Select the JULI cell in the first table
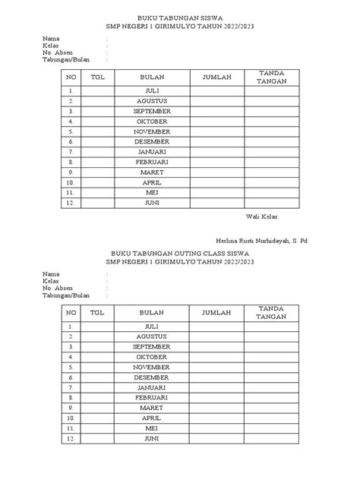(151, 90)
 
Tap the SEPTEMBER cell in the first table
(151, 110)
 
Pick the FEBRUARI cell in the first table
(151, 162)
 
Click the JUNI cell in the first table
(151, 203)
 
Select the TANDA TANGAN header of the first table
(271, 76)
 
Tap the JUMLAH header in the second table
(217, 312)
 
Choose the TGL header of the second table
(97, 312)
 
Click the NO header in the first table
(71, 77)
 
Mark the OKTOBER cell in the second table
(151, 356)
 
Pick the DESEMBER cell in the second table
(151, 377)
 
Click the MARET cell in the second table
(151, 408)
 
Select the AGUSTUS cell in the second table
(151, 336)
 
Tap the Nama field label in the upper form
(50, 37)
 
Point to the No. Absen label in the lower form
(58, 287)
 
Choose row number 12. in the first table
(71, 203)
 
